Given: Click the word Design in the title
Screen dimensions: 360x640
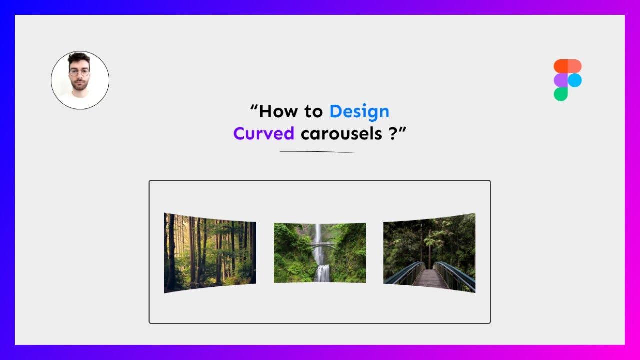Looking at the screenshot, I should (359, 111).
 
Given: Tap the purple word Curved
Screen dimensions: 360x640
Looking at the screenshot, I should (264, 134).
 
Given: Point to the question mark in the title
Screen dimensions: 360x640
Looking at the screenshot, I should (391, 134).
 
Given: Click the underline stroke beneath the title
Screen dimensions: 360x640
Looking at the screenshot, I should (317, 152).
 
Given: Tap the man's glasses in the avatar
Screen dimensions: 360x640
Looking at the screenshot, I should (79, 72).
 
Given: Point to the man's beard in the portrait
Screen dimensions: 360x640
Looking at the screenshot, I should (79, 85).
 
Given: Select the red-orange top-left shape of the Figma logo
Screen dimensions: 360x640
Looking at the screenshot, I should (561, 66).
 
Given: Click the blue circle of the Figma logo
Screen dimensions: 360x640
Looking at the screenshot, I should (575, 80).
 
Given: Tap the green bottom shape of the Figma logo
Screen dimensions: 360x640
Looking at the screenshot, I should (561, 94).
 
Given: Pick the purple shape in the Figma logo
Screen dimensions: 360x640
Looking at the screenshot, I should (561, 80).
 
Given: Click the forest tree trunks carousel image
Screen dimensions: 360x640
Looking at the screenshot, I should (210, 252).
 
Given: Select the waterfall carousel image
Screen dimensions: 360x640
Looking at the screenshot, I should (319, 253).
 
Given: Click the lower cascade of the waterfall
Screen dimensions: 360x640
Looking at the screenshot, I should (323, 273).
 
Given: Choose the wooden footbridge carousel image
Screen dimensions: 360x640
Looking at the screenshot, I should (429, 252).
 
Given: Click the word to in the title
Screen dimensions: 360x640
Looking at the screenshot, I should (313, 111).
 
